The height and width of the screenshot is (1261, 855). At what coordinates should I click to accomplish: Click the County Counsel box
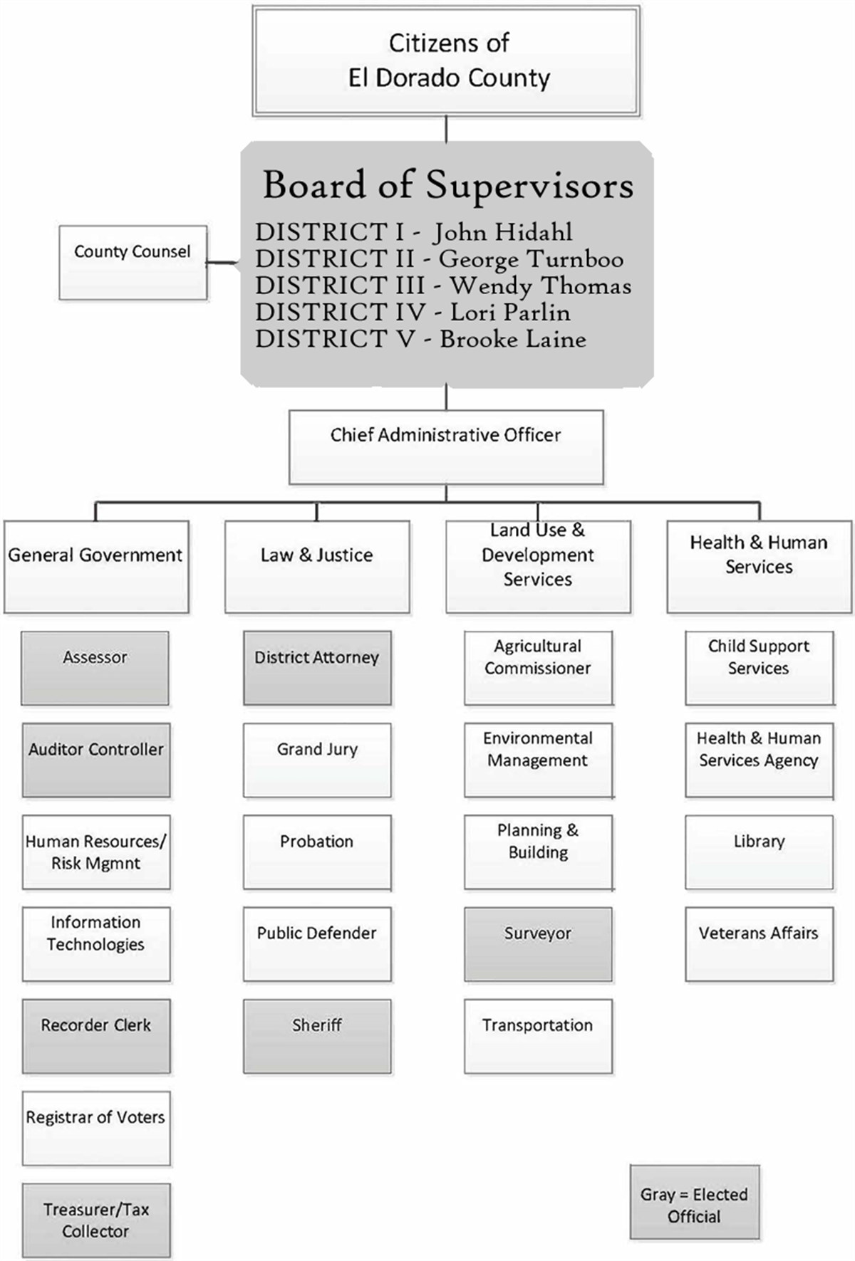[133, 263]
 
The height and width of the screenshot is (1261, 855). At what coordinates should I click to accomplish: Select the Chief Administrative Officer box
[446, 447]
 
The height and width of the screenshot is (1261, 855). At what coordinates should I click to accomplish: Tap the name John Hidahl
[502, 232]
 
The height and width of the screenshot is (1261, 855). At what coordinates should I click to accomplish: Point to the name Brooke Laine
[513, 339]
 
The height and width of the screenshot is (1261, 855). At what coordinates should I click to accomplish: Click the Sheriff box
[317, 1036]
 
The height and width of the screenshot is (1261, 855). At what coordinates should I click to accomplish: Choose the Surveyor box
[538, 944]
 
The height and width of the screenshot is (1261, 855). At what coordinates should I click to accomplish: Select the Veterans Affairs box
[759, 944]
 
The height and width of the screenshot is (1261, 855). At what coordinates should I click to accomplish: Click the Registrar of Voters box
[96, 1128]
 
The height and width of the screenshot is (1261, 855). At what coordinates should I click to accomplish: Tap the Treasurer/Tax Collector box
[96, 1220]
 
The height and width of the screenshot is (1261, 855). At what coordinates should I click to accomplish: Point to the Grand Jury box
[317, 760]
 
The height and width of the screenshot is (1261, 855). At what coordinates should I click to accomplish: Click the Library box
[759, 852]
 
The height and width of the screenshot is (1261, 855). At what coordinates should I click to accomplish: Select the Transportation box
[538, 1036]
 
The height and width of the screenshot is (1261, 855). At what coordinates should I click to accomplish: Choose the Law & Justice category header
[317, 567]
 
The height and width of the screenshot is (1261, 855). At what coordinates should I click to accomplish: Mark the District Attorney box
[317, 668]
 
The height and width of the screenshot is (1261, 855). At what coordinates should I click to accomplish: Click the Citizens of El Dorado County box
[446, 61]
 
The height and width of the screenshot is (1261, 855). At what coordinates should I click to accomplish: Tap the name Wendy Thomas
[541, 286]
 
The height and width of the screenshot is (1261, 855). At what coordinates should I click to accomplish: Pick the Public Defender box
[317, 944]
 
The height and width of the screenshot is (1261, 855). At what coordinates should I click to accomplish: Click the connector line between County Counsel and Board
[224, 263]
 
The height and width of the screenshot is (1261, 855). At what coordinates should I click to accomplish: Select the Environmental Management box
[538, 760]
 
